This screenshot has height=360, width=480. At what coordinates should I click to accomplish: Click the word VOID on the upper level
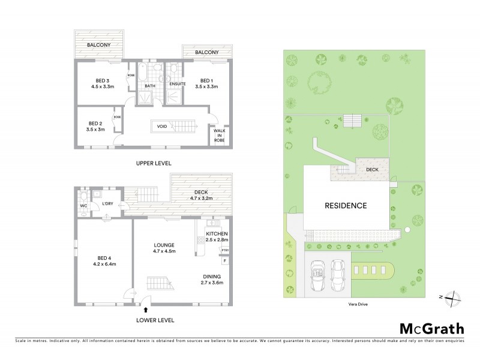click(162, 127)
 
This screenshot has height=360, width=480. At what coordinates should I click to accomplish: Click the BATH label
click(149, 86)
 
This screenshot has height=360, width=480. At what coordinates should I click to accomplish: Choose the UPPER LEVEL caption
click(154, 163)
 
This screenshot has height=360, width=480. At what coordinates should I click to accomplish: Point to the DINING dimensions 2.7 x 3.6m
click(211, 283)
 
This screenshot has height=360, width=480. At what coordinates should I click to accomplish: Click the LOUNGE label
click(164, 245)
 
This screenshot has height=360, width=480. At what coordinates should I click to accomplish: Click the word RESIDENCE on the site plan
click(346, 205)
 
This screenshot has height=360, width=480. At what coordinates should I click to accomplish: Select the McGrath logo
click(431, 328)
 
